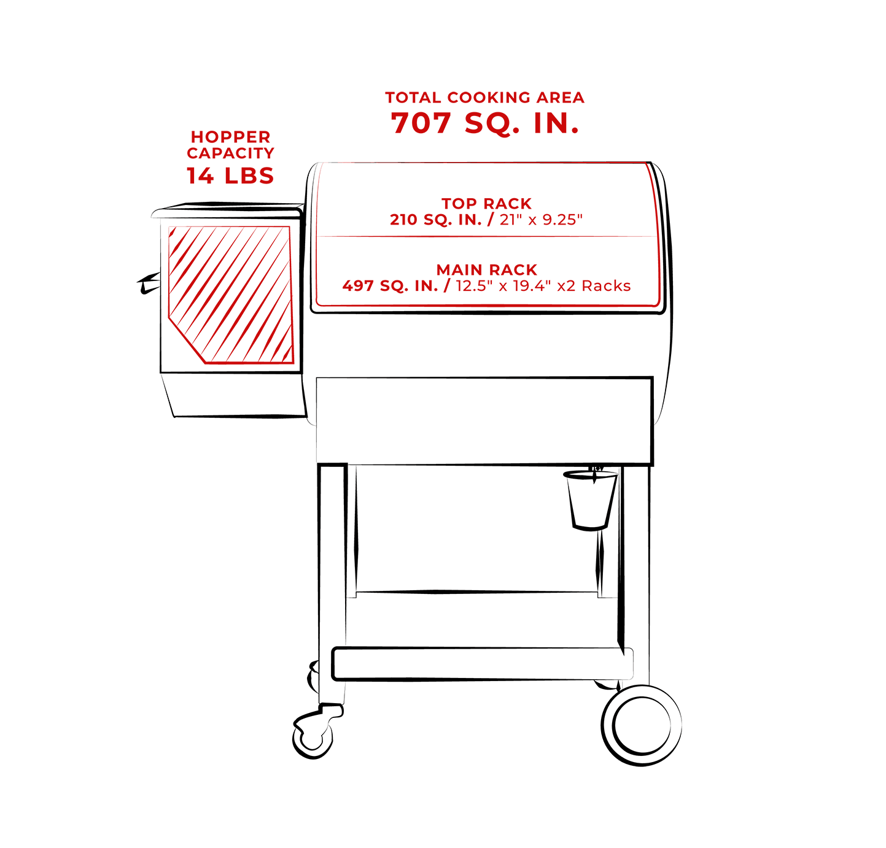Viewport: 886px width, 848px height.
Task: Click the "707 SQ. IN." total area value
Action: click(484, 123)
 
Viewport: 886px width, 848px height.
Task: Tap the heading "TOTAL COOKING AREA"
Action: click(484, 98)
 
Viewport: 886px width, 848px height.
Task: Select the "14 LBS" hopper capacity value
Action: click(230, 175)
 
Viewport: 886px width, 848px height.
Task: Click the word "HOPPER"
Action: click(230, 136)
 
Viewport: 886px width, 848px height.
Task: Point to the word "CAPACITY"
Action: click(230, 153)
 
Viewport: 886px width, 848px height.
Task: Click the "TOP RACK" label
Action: click(486, 203)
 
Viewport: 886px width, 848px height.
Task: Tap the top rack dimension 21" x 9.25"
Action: click(541, 219)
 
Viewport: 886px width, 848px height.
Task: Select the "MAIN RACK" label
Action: click(486, 270)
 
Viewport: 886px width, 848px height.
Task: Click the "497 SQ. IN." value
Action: click(390, 286)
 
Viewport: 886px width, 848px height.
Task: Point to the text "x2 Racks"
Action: click(594, 286)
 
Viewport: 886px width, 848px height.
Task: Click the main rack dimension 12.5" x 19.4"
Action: click(503, 286)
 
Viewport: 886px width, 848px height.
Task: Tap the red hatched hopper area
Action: click(230, 295)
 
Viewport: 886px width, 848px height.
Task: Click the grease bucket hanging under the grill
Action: click(590, 501)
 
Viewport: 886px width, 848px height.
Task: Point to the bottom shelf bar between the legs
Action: click(483, 663)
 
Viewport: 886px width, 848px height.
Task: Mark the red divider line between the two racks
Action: click(487, 237)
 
